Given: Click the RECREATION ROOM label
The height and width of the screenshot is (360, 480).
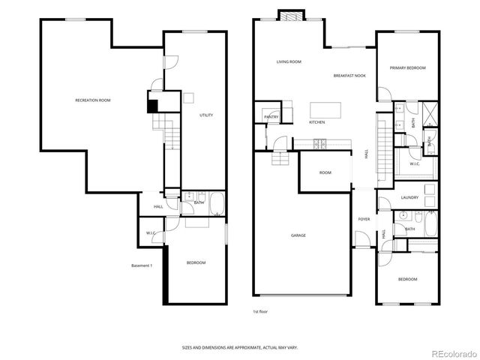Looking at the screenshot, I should tap(93, 100).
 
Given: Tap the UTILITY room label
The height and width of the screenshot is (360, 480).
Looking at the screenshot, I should tap(206, 115).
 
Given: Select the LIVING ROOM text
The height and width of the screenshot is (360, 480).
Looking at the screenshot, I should tap(289, 61).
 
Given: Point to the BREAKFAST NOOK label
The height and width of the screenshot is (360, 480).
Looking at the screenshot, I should tap(349, 76).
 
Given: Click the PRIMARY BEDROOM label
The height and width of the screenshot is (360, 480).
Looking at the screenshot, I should tap(407, 67).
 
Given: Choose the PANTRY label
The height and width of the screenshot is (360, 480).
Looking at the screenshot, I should tap(271, 117).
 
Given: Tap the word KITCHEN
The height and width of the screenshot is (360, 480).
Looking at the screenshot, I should tap(317, 122).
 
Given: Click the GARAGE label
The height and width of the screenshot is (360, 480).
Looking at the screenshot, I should tap(298, 235).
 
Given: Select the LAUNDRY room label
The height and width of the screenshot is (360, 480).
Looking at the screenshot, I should tap(409, 197).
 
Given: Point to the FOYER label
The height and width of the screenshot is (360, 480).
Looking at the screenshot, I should tap(364, 219).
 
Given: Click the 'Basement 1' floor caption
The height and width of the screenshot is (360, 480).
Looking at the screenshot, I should tap(142, 265).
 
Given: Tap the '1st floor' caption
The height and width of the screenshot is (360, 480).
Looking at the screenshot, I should tap(260, 310).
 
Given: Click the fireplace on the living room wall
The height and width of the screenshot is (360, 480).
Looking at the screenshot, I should tap(290, 16).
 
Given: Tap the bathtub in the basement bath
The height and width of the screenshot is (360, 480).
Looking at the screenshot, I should tap(216, 202).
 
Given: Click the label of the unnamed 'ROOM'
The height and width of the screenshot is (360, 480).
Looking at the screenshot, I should tap(325, 172).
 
